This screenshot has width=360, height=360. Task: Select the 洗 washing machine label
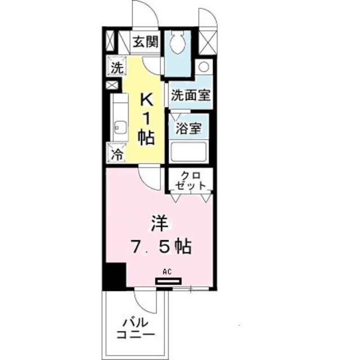116,69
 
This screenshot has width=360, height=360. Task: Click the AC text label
166,272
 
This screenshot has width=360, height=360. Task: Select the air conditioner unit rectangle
169,280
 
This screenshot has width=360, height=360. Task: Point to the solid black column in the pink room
114,277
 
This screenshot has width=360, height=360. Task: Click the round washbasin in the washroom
204,66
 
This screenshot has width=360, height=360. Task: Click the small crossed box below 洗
111,85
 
